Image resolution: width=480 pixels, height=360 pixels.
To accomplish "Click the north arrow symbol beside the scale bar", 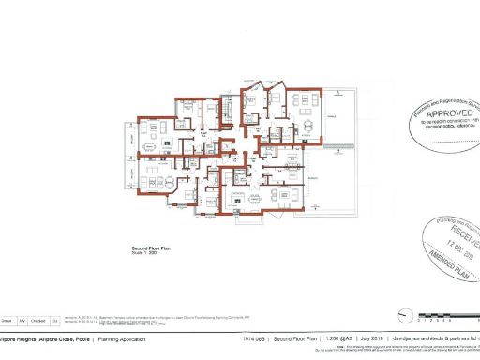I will pyautogui.click(x=405, y=318).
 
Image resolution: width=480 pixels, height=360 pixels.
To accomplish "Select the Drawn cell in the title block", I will pyautogui.click(x=7, y=319).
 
